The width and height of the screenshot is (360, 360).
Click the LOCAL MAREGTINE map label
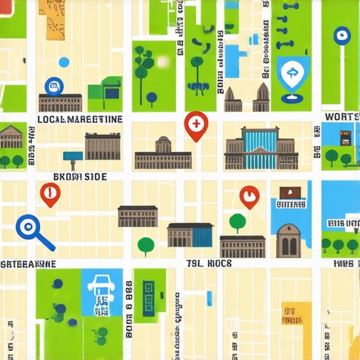79,120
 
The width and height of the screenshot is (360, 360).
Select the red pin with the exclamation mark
49,193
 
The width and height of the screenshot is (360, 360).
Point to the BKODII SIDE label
80,176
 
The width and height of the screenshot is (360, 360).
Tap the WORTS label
342,116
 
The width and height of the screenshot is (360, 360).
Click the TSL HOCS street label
209,263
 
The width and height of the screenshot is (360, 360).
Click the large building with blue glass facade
261,148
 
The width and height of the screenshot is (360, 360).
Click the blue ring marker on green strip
342,34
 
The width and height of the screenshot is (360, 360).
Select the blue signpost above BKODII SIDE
73,156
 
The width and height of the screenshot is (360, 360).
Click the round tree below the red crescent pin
238,223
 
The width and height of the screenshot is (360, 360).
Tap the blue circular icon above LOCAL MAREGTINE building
53,86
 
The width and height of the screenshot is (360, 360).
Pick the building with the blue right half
190,234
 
